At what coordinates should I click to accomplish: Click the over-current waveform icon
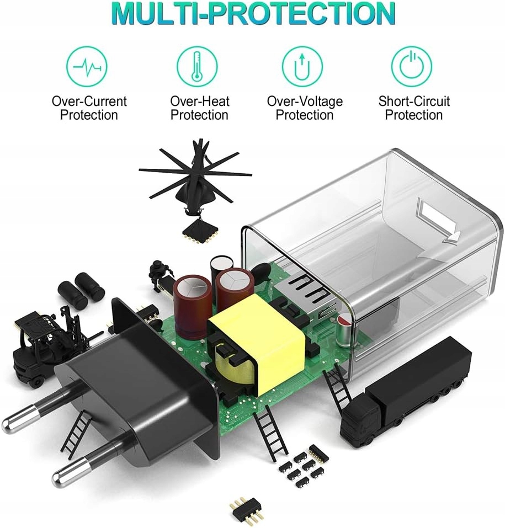pyautogui.click(x=87, y=67)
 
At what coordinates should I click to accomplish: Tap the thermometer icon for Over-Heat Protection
pyautogui.click(x=197, y=67)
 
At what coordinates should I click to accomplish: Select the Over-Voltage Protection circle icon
pyautogui.click(x=302, y=67)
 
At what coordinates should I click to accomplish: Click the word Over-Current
pyautogui.click(x=89, y=102)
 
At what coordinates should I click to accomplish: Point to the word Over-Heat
pyautogui.click(x=199, y=102)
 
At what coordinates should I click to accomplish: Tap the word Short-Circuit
pyautogui.click(x=414, y=102)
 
